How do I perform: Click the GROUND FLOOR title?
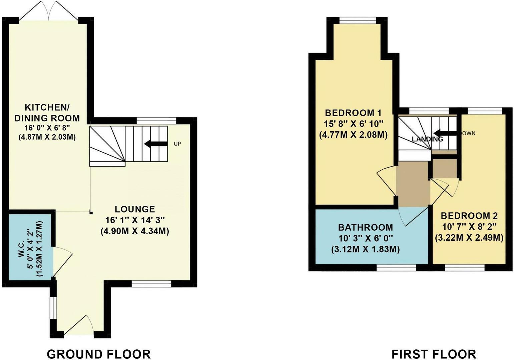tap(99, 354)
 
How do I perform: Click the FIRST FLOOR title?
tap(434, 354)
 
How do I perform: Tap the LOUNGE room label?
tap(135, 209)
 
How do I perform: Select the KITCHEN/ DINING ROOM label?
tap(52, 113)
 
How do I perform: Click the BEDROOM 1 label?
tap(353, 112)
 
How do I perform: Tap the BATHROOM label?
tap(366, 227)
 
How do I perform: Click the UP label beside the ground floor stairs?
tap(177, 144)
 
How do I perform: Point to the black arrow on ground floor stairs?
tap(155, 144)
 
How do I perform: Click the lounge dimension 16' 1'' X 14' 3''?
tap(135, 220)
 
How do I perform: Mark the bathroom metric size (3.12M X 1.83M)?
tap(366, 249)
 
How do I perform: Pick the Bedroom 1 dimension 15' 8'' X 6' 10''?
tap(353, 124)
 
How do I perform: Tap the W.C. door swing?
tap(62, 261)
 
